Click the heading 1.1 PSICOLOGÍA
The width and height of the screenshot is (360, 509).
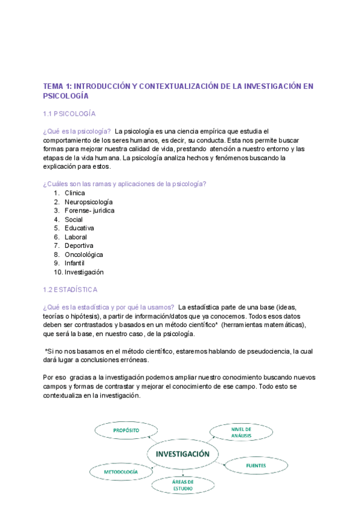[70, 113]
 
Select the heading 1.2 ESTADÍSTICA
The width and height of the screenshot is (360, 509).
[70, 289]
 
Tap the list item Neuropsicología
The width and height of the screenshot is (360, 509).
[88, 202]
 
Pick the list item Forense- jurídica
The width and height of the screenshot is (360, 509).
[89, 211]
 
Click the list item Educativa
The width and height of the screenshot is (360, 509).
[79, 228]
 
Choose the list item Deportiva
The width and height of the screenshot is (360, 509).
[79, 245]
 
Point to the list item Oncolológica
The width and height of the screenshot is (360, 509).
[84, 254]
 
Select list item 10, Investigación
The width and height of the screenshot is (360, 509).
[84, 272]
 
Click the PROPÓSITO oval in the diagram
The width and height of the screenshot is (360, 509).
[126, 431]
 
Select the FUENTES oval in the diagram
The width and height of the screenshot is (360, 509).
[256, 465]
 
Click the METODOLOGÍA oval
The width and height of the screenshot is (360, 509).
[121, 472]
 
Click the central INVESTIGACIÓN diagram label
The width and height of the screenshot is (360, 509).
[182, 454]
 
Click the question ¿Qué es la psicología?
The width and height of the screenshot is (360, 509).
[77, 131]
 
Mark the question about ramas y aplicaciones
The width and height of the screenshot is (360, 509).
[125, 184]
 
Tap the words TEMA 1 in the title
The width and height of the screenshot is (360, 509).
[56, 86]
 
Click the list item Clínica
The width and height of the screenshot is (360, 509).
[75, 193]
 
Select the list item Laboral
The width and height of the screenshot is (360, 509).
[76, 237]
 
